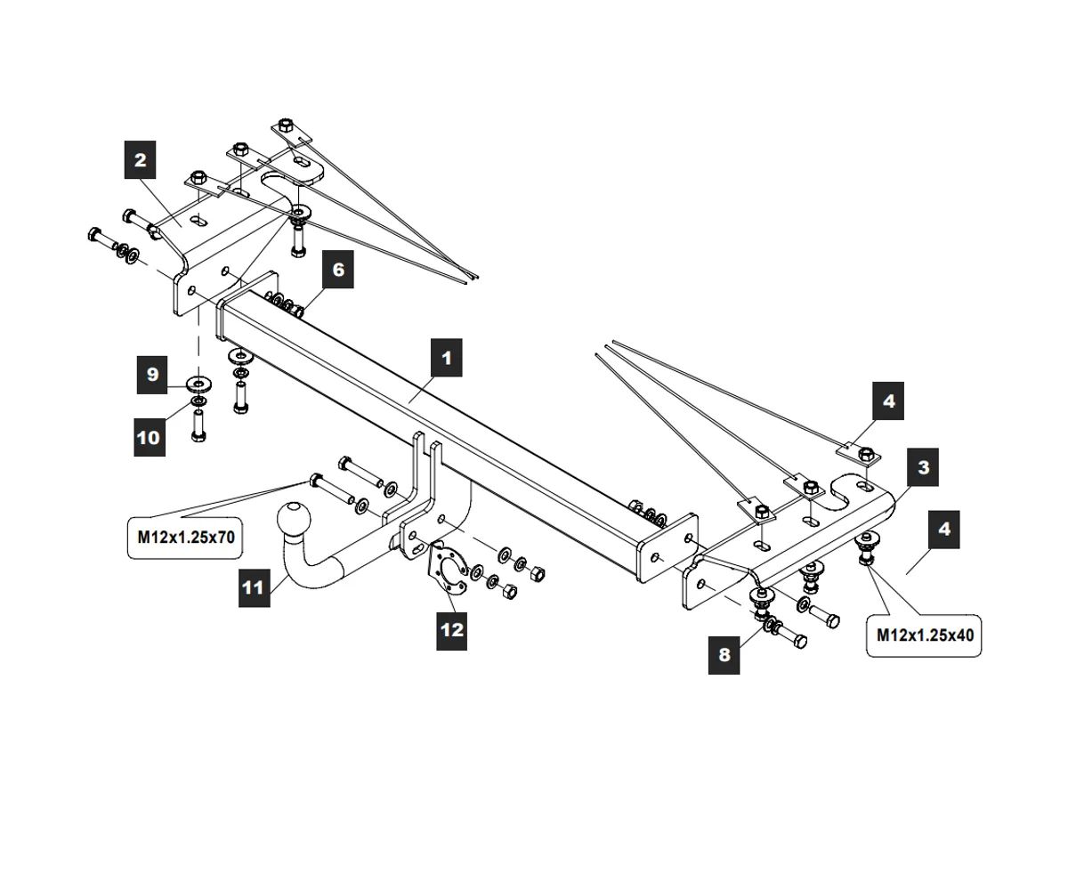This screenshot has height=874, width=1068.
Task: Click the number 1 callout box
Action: [x=446, y=358]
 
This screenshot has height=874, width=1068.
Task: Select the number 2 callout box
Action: [x=140, y=161]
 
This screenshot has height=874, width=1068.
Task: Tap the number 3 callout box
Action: [x=923, y=467]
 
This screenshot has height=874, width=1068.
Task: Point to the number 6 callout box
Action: [x=338, y=269]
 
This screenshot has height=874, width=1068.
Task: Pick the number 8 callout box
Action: [x=724, y=655]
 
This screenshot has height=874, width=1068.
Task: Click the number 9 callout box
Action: [x=152, y=375]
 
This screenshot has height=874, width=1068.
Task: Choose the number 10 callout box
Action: [x=150, y=437]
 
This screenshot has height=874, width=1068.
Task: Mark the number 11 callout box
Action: [x=254, y=587]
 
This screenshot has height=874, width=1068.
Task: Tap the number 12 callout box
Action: [x=452, y=629]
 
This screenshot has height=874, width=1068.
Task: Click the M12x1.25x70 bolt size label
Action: [x=186, y=538]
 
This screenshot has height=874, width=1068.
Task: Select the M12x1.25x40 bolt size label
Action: [x=923, y=635]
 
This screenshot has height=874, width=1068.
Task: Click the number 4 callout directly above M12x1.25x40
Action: [x=943, y=530]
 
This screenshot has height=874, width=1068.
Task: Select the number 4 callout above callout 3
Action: [x=889, y=401]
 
